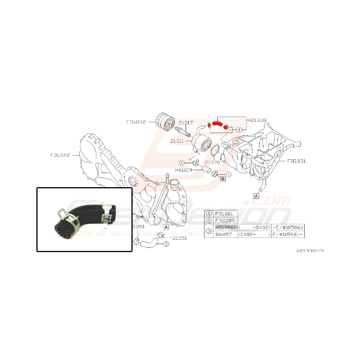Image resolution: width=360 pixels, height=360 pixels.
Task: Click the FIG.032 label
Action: [x=136, y=122]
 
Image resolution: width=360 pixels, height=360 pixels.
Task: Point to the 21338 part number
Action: [x=258, y=120]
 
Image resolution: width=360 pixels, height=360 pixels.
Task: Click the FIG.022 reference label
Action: [x=60, y=155]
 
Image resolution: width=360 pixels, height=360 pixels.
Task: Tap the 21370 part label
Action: [x=212, y=162]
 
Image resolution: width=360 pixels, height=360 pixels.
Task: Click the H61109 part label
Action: [x=184, y=170]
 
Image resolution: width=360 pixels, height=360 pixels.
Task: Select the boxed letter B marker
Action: [x=223, y=178]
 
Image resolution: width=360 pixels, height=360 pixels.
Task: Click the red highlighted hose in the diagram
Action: [x=217, y=124]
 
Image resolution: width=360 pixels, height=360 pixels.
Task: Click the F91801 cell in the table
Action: [x=225, y=213]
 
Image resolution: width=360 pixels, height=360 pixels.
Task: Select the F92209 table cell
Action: [x=225, y=220]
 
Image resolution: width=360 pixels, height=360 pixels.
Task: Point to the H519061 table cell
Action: [x=225, y=227]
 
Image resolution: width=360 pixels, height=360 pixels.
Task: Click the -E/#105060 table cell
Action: [x=288, y=227]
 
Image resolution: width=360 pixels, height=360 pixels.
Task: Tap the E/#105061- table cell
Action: [x=288, y=234]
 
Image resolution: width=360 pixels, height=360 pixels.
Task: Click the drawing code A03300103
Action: [x=310, y=251]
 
